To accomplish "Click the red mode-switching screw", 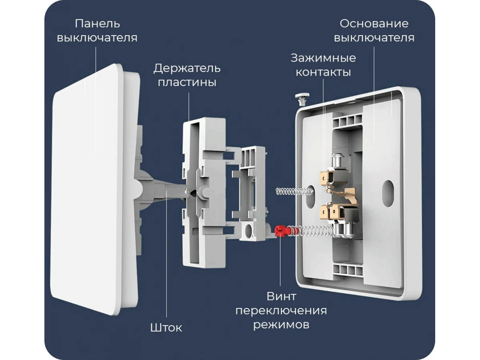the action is (282, 232).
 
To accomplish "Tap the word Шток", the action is (166, 328).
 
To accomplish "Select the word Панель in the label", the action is (98, 23).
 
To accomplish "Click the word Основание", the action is (374, 24).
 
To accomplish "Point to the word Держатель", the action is (187, 68).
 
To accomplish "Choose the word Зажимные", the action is (323, 58).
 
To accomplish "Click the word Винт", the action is (282, 297).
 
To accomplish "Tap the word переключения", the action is (281, 311).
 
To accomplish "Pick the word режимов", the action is (281, 325).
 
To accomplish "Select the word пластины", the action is (187, 83).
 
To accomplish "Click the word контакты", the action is (323, 72).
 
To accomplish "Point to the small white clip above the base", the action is (302, 99).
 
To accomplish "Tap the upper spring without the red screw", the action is (294, 192).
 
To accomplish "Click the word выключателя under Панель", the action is (97, 38).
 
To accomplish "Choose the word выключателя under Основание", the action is (374, 38).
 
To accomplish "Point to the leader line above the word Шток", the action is (166, 254).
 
